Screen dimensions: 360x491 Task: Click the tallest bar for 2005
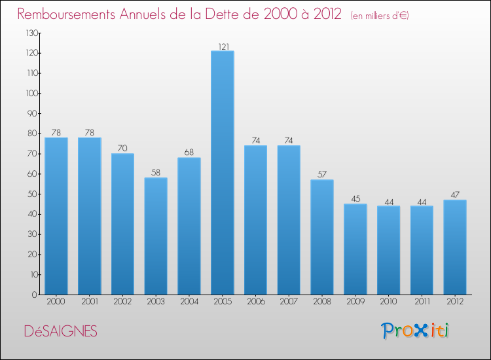pyautogui.click(x=222, y=173)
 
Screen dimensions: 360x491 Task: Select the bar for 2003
pyautogui.click(x=156, y=236)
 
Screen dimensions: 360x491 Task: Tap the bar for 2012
pyautogui.click(x=455, y=247)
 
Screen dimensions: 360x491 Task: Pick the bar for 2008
pyautogui.click(x=322, y=237)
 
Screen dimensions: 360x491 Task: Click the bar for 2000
pyautogui.click(x=56, y=216)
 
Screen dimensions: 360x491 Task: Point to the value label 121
pyautogui.click(x=222, y=46)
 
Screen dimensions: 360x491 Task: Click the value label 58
pyautogui.click(x=156, y=173)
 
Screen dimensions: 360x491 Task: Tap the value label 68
pyautogui.click(x=189, y=153)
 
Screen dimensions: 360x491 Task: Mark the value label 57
pyautogui.click(x=322, y=175)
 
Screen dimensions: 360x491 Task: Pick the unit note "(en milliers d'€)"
pyautogui.click(x=380, y=15)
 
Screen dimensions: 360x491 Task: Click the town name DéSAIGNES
pyautogui.click(x=60, y=332)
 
